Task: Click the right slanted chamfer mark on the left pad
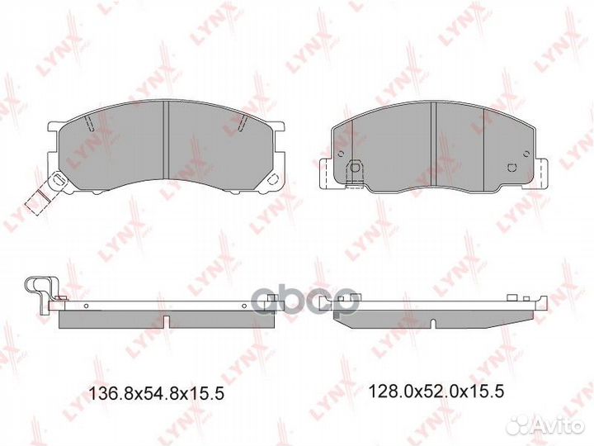243,125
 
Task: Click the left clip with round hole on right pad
352,168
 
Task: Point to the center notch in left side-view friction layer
167,319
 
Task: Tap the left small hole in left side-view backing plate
84,305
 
